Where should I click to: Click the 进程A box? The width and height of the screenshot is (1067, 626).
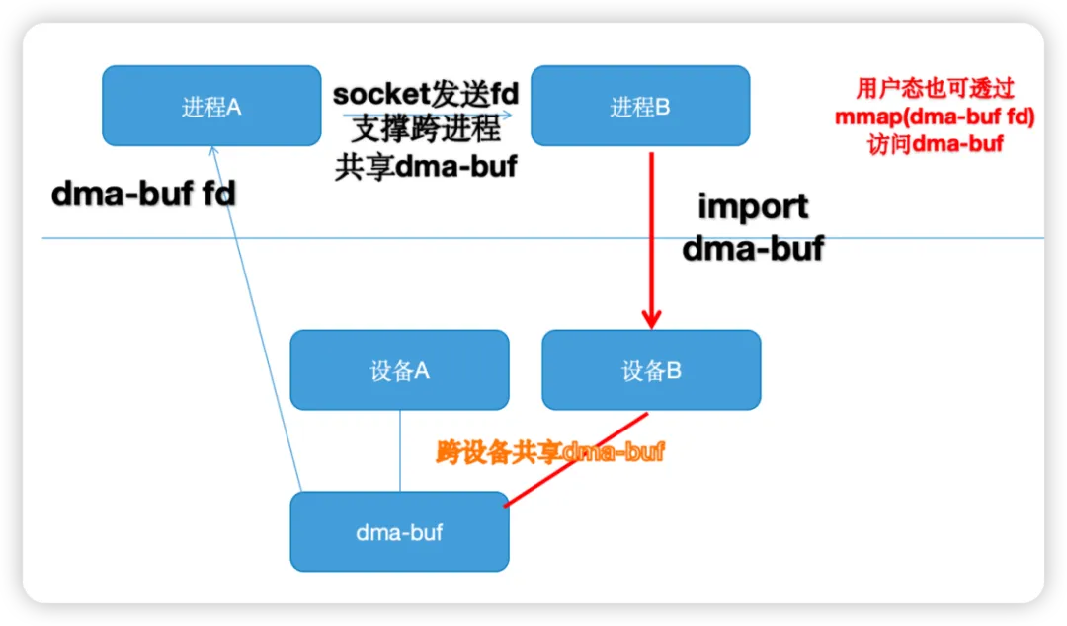(211, 106)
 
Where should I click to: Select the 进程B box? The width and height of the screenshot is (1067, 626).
(640, 106)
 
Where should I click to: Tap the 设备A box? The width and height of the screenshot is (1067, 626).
(399, 369)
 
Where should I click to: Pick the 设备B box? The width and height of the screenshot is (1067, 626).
(651, 369)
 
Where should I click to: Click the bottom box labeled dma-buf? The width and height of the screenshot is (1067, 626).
(399, 531)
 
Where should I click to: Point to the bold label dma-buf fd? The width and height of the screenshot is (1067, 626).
(143, 195)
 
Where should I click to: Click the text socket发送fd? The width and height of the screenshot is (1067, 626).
(426, 95)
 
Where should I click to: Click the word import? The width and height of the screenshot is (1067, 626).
(753, 207)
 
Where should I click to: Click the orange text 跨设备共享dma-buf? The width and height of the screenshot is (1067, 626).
(549, 452)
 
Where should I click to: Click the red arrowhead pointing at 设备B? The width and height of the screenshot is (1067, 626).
(651, 318)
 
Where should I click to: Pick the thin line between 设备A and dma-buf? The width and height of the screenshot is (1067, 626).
(399, 450)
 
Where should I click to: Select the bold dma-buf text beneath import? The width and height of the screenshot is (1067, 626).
(753, 249)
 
